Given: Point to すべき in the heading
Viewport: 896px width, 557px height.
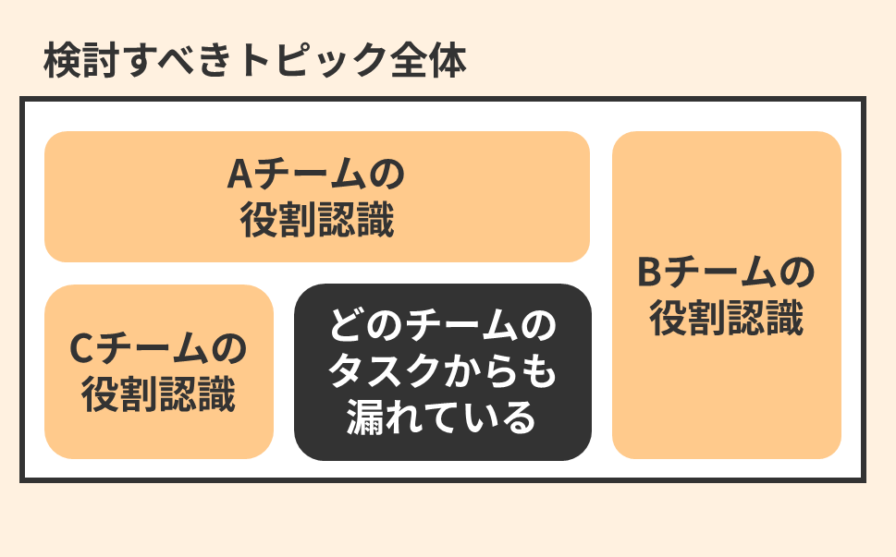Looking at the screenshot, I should [178, 61].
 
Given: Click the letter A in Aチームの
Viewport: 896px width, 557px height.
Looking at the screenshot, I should [239, 175].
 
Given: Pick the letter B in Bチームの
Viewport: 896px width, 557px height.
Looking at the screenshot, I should [649, 273].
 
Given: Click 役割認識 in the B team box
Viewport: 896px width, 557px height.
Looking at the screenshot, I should [726, 319].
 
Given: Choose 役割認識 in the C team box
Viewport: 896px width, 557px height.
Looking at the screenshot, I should [159, 394].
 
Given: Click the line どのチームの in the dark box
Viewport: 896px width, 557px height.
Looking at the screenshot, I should [443, 328].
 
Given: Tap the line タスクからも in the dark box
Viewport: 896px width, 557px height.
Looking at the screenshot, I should [443, 373].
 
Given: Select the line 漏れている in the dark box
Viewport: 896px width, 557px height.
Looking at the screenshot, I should [443, 418].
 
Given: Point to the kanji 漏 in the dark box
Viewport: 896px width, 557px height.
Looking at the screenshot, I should [367, 418].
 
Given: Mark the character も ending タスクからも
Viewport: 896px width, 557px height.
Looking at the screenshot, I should [540, 373].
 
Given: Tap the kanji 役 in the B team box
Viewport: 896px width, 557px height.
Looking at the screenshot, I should [668, 319].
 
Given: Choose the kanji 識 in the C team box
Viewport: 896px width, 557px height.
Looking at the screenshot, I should [216, 394].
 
